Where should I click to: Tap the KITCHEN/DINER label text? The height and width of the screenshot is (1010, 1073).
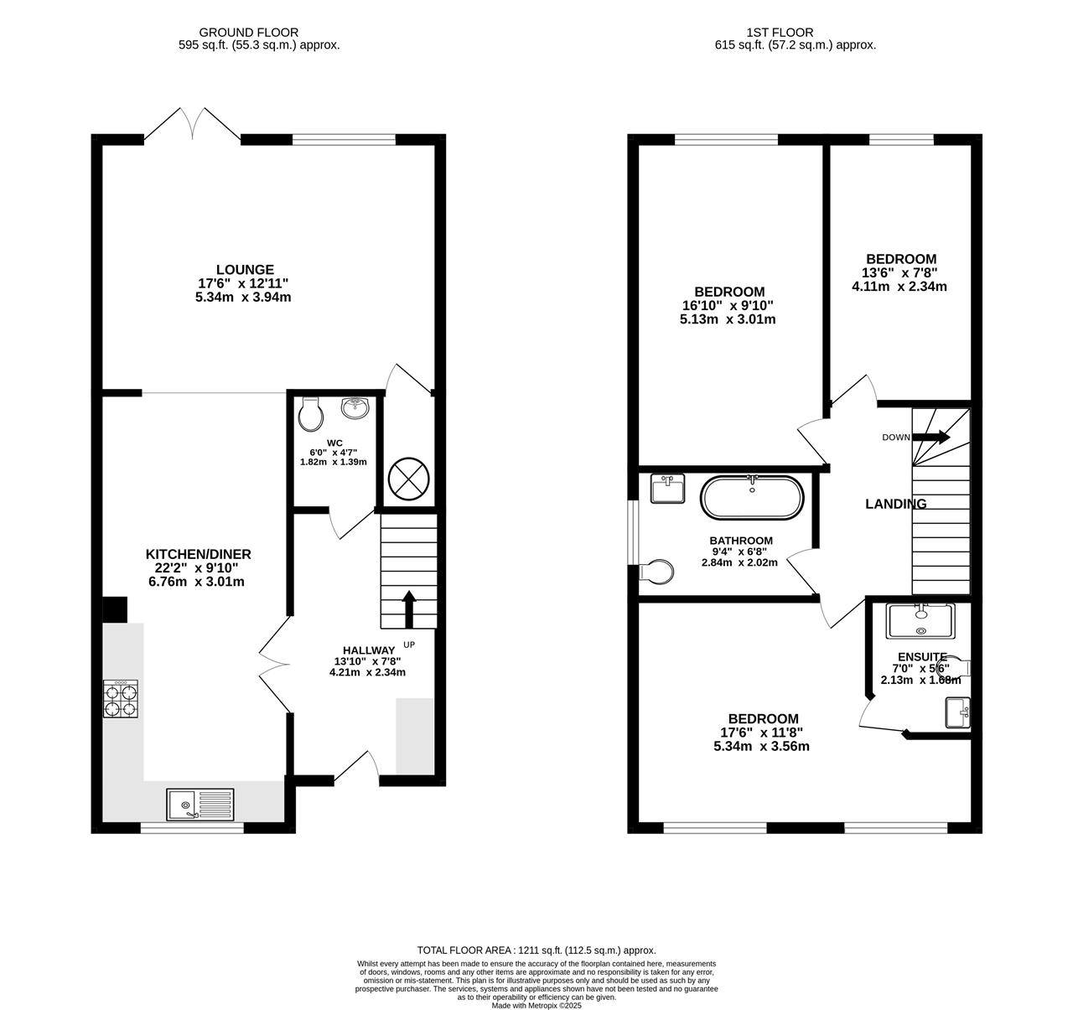[x=199, y=554]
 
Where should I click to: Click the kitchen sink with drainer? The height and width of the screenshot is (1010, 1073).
[x=201, y=805]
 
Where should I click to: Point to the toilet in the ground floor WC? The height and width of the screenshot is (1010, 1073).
[x=310, y=415]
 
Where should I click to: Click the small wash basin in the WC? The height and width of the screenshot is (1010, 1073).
[x=356, y=408]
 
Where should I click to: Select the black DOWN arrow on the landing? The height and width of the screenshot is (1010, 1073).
[x=930, y=437]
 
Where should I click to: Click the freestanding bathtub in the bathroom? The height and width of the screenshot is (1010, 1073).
[x=752, y=498]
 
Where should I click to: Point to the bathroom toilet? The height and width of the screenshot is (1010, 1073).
[x=656, y=572]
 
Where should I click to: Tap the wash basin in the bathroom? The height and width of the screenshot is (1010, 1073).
[x=667, y=489]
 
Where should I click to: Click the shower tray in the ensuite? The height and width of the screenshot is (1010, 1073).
[x=920, y=621]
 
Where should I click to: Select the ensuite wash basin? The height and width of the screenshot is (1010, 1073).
[x=957, y=712]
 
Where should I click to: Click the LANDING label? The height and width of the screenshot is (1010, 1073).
[x=895, y=504]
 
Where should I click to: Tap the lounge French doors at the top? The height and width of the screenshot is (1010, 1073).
[x=193, y=126]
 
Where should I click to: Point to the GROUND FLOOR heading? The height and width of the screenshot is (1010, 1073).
[x=259, y=33]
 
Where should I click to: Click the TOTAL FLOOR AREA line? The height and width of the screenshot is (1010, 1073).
[x=536, y=950]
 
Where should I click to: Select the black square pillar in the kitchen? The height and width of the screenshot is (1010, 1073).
[x=114, y=609]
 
